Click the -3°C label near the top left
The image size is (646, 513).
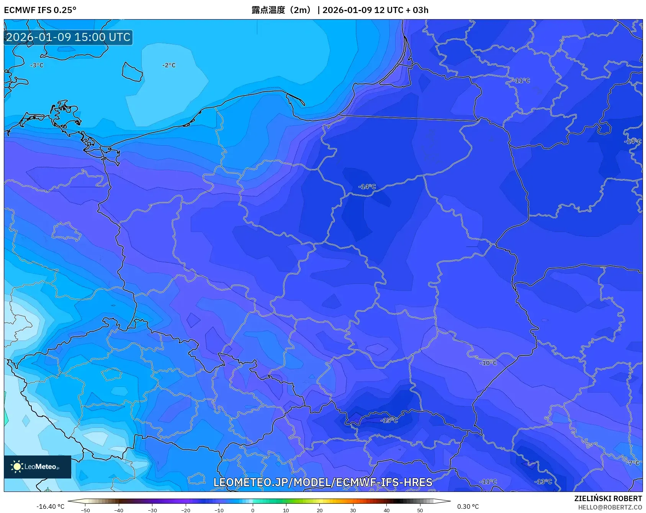[x=37, y=65]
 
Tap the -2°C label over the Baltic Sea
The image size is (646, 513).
[x=169, y=65]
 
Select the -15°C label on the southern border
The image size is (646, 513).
[x=389, y=420]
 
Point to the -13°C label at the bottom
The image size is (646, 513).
[x=543, y=482]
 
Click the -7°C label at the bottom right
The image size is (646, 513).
[x=633, y=463]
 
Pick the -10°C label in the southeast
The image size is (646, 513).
[x=488, y=363]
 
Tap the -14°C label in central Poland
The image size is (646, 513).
[x=367, y=186]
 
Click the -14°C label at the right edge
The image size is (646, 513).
[x=633, y=141]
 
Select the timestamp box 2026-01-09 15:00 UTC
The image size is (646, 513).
[x=68, y=37]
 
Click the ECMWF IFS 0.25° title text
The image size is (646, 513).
[x=40, y=10]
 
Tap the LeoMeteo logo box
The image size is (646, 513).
[x=38, y=467]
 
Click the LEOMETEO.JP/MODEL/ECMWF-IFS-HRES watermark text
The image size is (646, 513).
[x=322, y=482]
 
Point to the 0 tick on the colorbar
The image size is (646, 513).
[x=252, y=510]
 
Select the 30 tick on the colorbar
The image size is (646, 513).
[x=353, y=510]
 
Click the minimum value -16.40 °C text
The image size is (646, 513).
[x=50, y=506]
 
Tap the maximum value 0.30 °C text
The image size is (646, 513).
[x=468, y=506]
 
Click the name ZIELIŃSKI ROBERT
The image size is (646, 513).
[x=608, y=498]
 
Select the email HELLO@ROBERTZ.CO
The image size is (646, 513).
[x=610, y=507]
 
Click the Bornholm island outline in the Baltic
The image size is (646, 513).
[x=132, y=72]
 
